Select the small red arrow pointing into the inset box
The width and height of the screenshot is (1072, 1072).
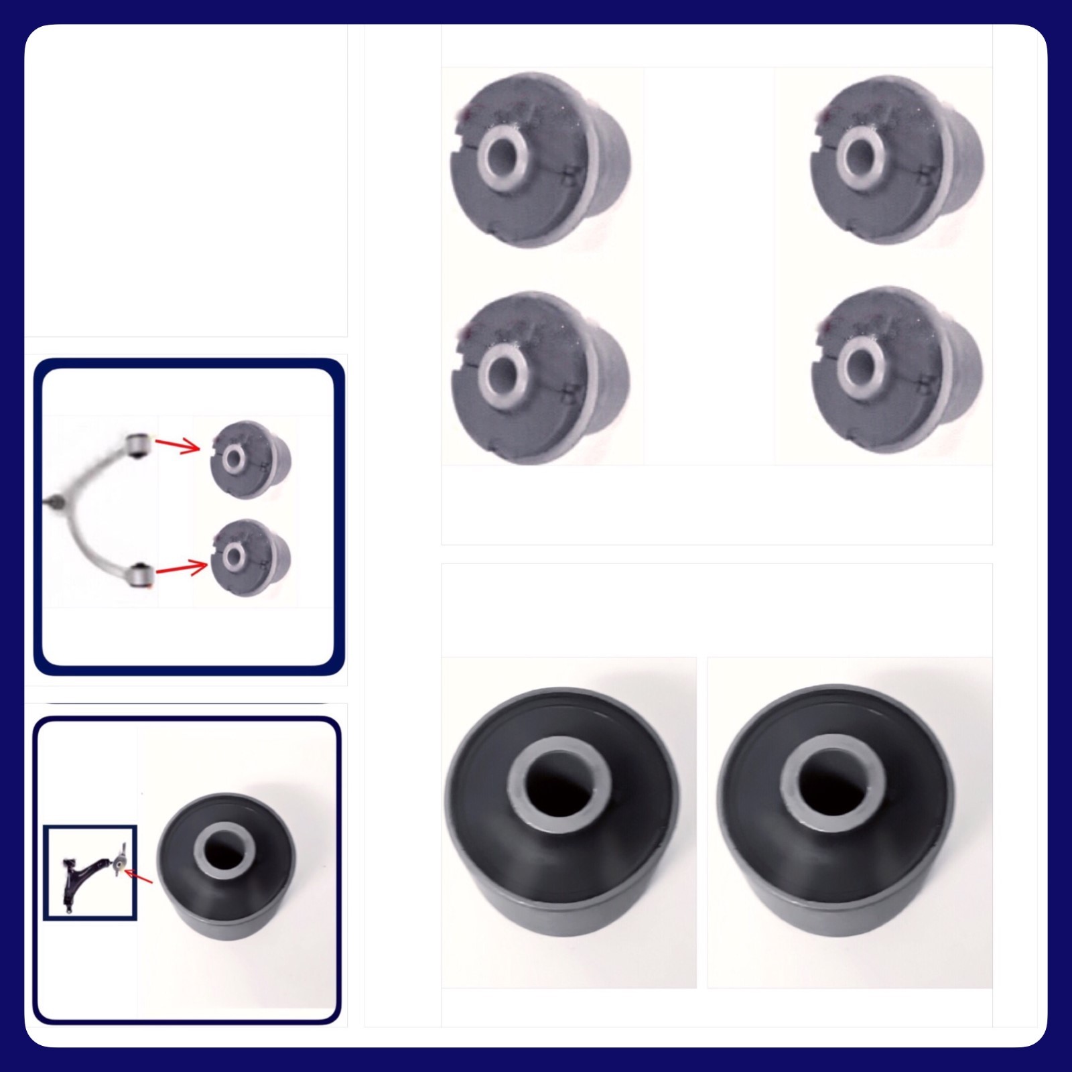tap(139, 876)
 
